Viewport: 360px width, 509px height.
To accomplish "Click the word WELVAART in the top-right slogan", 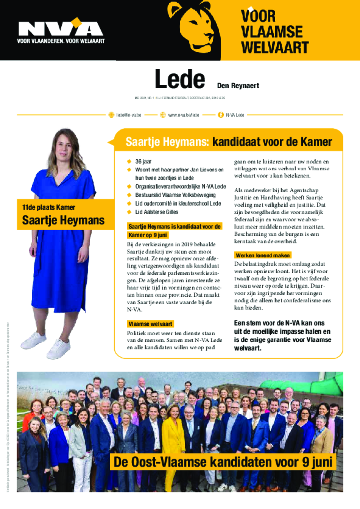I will click(274, 48).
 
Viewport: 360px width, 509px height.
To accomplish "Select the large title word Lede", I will click(180, 80).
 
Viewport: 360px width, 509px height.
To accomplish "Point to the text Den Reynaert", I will click(238, 85).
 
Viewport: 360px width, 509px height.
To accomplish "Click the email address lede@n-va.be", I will click(129, 115).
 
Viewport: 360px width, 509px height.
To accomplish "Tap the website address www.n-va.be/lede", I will click(183, 115).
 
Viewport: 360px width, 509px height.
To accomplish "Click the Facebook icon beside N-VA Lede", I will click(220, 115).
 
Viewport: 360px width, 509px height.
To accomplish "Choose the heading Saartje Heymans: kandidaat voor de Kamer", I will click(229, 142).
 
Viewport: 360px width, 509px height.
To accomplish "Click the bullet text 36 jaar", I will click(143, 162).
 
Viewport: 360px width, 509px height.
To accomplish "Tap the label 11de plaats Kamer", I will click(46, 207).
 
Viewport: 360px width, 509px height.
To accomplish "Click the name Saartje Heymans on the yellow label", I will click(63, 220).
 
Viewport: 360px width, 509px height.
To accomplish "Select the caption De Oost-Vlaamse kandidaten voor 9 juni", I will click(222, 462).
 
